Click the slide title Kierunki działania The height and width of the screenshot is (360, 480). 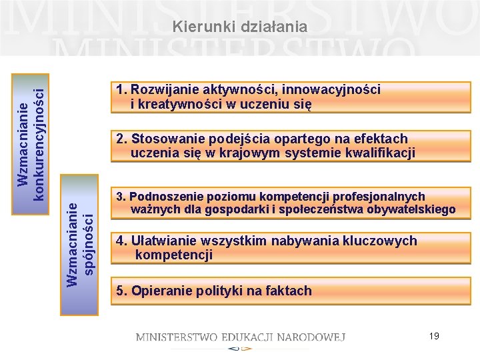click(x=239, y=27)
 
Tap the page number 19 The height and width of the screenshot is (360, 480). click(x=434, y=336)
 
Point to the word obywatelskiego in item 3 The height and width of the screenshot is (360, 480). click(x=413, y=210)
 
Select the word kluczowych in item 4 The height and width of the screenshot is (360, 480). click(x=382, y=241)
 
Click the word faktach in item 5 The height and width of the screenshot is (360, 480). click(x=289, y=291)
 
